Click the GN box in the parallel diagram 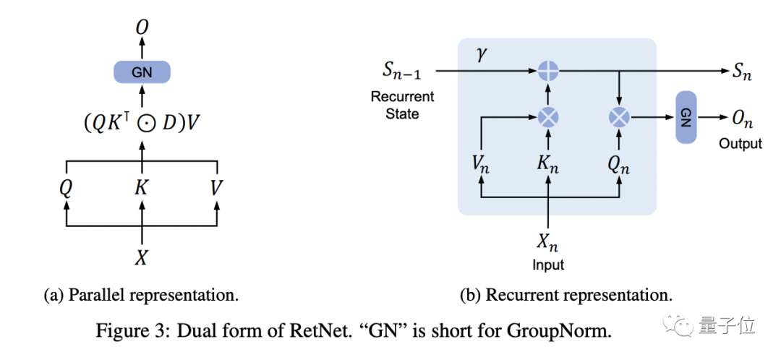[142, 72]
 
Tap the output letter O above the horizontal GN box [142, 27]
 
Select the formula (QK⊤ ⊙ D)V [142, 124]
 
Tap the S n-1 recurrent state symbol [403, 72]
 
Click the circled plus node [548, 71]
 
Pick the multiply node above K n [548, 116]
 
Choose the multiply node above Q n [619, 116]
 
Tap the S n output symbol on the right [741, 72]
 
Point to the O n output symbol [741, 118]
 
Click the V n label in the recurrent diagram [481, 163]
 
